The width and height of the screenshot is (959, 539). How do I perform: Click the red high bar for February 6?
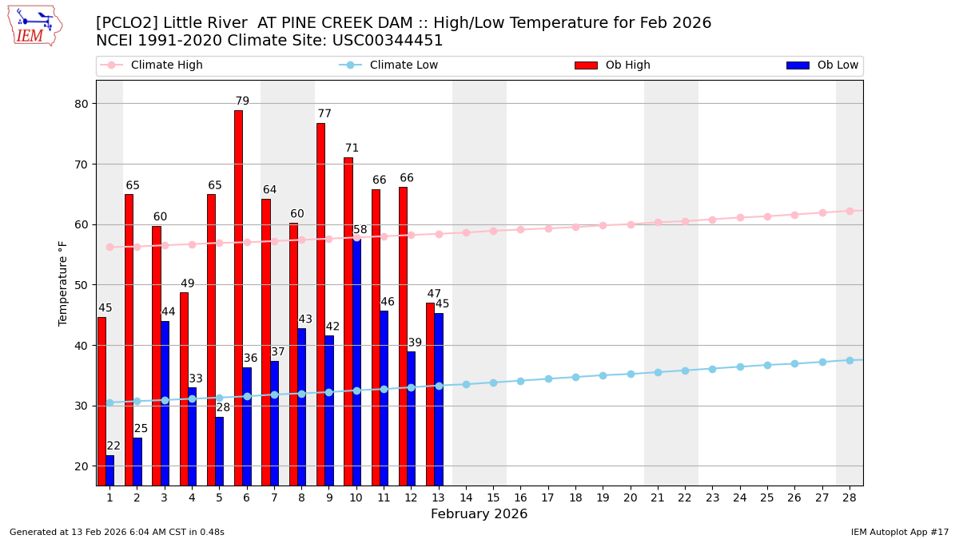coord(238,297)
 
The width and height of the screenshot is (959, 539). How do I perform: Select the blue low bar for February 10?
coord(356,361)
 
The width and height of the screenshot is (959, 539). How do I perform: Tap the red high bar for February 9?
coord(320,303)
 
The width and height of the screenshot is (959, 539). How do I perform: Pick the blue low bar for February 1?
coord(109,470)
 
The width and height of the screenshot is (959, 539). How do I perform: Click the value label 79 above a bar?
coord(242,101)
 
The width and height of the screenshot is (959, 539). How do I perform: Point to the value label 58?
coord(360,230)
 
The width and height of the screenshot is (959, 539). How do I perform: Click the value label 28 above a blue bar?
coord(223,408)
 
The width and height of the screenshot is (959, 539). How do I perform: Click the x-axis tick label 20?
coord(631,497)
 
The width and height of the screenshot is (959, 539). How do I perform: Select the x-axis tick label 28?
coord(850,497)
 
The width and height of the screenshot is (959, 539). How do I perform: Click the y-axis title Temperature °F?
coord(63,283)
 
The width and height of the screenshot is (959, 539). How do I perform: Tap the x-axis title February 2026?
coord(479,514)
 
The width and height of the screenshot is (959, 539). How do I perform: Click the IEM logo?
coord(34,26)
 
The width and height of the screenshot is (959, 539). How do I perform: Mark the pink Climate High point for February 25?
coord(767,216)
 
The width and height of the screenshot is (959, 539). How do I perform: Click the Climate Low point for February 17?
coord(548,378)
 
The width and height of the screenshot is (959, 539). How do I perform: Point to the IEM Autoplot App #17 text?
coord(899,532)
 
